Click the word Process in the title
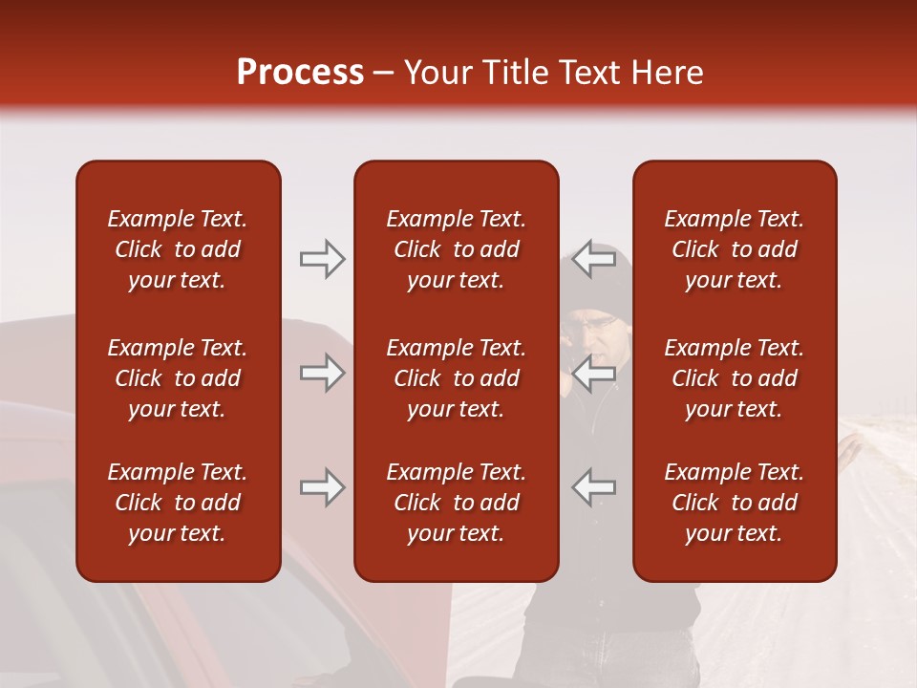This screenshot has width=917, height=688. pyautogui.click(x=300, y=73)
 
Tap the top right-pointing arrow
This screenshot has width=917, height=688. pyautogui.click(x=322, y=259)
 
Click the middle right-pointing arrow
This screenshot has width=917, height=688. pyautogui.click(x=322, y=373)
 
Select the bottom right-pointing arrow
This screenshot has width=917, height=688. pyautogui.click(x=322, y=487)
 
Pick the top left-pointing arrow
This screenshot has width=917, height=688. pyautogui.click(x=594, y=259)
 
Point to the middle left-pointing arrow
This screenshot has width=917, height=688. pyautogui.click(x=594, y=373)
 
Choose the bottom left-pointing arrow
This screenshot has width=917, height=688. pyautogui.click(x=594, y=487)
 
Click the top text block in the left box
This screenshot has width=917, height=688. pyautogui.click(x=178, y=249)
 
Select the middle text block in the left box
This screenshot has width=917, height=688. pyautogui.click(x=178, y=378)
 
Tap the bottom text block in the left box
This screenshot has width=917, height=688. pyautogui.click(x=178, y=503)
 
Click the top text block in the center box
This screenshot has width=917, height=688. pyautogui.click(x=456, y=249)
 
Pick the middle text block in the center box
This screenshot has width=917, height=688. pyautogui.click(x=456, y=378)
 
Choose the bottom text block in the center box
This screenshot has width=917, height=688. pyautogui.click(x=456, y=503)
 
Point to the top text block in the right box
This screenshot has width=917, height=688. pyautogui.click(x=735, y=249)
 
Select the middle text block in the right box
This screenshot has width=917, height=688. pyautogui.click(x=735, y=378)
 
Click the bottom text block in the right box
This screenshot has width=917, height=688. pyautogui.click(x=735, y=503)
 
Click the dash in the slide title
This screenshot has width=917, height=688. pyautogui.click(x=384, y=74)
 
